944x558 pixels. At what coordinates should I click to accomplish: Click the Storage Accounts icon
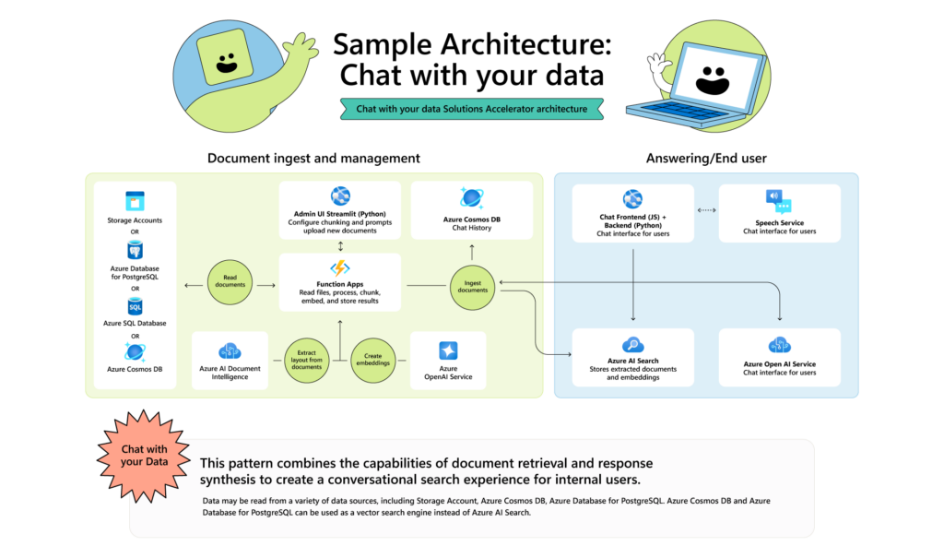point(136,201)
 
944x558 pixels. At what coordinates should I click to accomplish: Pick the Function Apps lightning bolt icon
point(340,268)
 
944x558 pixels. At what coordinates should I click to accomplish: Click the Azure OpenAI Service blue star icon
point(448,350)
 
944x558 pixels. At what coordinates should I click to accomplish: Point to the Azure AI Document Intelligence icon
point(230,350)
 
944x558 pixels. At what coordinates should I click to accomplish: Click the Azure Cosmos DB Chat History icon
point(473,198)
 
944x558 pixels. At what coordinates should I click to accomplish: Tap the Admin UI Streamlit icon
point(340,196)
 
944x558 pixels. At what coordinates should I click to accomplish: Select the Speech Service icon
point(779,200)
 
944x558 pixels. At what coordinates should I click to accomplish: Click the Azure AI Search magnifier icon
point(632,346)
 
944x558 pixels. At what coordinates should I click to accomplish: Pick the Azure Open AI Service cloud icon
point(779,346)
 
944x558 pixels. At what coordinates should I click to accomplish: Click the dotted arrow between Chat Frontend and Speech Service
point(706,211)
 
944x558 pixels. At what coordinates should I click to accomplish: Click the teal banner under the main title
point(472,108)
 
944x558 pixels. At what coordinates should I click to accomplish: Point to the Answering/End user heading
point(706,159)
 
